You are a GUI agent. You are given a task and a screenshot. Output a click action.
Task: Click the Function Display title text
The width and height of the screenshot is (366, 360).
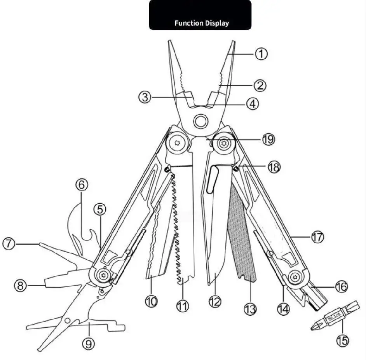201,23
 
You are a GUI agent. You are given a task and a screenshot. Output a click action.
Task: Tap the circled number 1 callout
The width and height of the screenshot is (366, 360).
261,53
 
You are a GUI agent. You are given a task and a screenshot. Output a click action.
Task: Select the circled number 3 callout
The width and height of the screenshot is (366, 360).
145,96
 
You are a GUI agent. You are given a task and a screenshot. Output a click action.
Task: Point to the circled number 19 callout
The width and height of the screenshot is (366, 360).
268,139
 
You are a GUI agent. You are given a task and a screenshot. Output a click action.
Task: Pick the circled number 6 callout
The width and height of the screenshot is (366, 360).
81,185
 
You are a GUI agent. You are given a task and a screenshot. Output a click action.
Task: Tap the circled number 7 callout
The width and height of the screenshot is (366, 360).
9,244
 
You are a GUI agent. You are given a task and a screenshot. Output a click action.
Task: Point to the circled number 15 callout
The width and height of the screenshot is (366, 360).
342,341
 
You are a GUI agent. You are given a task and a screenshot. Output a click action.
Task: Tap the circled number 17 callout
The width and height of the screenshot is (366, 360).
317,236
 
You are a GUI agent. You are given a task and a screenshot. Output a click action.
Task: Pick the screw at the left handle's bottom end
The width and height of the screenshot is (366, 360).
103,275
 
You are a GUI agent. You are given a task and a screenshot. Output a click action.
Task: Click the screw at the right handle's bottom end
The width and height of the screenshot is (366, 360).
296,277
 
